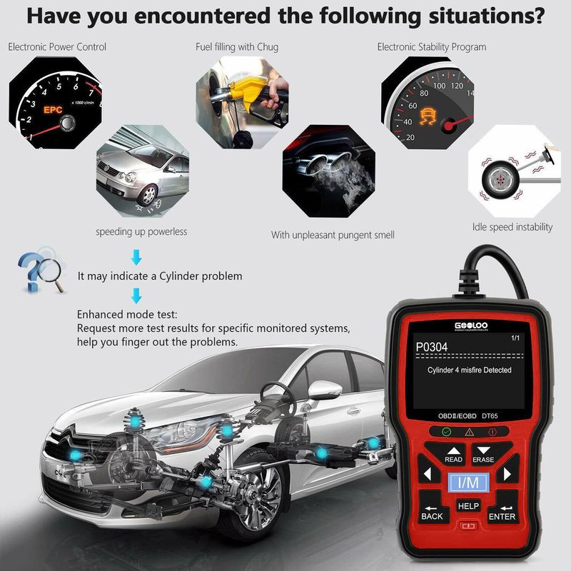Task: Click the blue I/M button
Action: [468, 482]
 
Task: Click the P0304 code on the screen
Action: [432, 347]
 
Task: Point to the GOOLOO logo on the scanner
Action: [471, 325]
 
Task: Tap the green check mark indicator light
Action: [446, 432]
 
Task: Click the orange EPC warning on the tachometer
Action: [53, 110]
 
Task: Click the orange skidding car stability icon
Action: [428, 116]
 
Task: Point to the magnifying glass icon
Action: [51, 273]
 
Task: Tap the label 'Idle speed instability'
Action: [512, 227]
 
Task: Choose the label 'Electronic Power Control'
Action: [57, 46]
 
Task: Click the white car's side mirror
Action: [324, 389]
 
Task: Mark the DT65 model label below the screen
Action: [490, 416]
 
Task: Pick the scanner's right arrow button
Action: [507, 474]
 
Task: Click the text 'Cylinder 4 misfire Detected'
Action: [470, 370]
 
